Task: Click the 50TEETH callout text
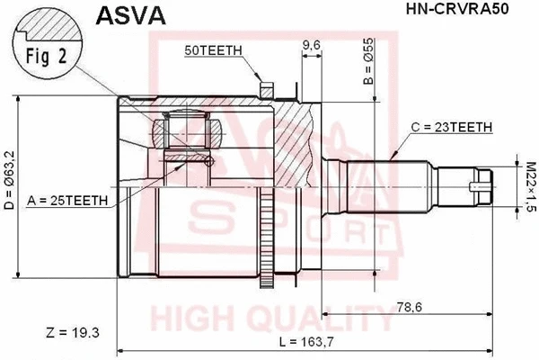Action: tap(212, 51)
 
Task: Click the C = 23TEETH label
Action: tap(452, 127)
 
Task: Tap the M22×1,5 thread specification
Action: tap(529, 185)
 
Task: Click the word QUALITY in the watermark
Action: tap(324, 319)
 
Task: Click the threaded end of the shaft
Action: tap(477, 186)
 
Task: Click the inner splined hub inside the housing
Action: tap(189, 136)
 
